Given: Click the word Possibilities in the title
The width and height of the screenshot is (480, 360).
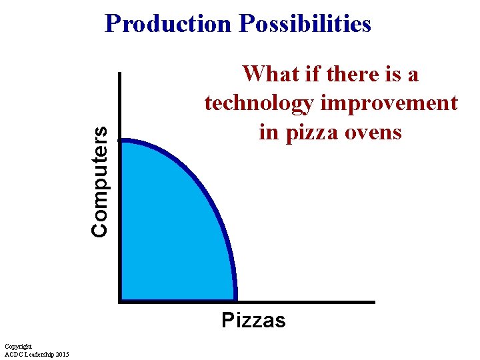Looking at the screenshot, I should click(305, 24).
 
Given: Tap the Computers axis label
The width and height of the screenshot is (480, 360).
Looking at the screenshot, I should click(100, 181).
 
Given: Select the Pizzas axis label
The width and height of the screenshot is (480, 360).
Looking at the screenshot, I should click(253, 321).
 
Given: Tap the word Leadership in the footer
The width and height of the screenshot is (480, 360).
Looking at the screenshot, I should click(38, 354).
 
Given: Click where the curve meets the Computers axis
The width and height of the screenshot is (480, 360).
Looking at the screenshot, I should click(121, 140).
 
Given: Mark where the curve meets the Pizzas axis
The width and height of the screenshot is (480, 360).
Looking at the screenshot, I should click(235, 301).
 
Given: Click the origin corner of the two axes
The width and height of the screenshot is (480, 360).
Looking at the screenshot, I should click(120, 301).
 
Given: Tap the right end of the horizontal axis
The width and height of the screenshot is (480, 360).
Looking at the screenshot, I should click(374, 301).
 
